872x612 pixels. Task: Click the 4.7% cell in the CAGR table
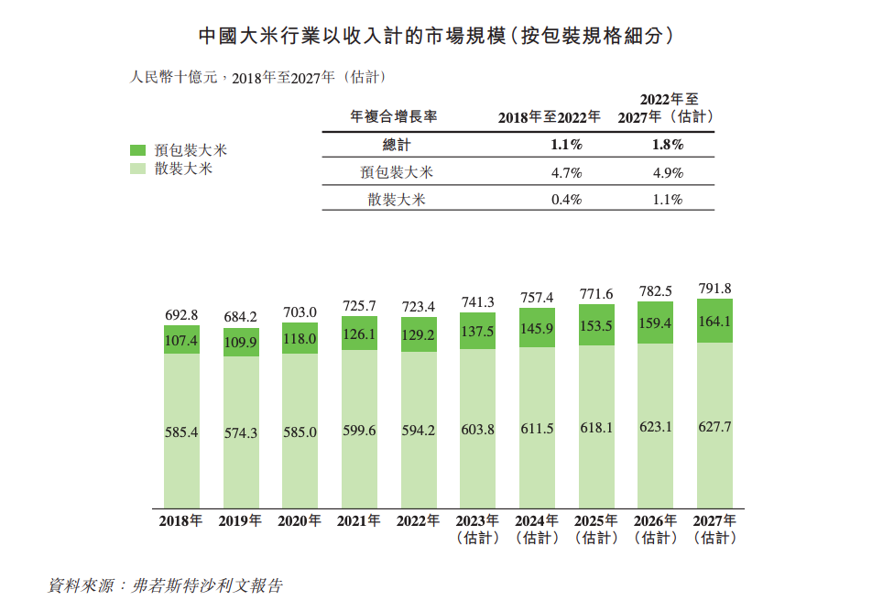(x=567, y=172)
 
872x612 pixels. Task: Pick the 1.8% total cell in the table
(x=667, y=145)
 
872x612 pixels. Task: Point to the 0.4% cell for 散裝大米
(x=567, y=200)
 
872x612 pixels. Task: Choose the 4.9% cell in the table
(x=667, y=172)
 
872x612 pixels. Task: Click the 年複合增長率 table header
(x=395, y=117)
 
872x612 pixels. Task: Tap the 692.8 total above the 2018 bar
(x=181, y=315)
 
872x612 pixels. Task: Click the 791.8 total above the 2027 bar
(x=714, y=289)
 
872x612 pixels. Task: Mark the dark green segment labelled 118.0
(x=300, y=338)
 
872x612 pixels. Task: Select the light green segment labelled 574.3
(x=241, y=432)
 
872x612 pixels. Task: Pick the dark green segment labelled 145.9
(x=537, y=328)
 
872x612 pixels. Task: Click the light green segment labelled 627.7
(x=714, y=427)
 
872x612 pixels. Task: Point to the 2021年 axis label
(x=358, y=521)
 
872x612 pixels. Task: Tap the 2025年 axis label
(x=596, y=521)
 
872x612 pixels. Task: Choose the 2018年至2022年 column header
(x=550, y=117)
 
